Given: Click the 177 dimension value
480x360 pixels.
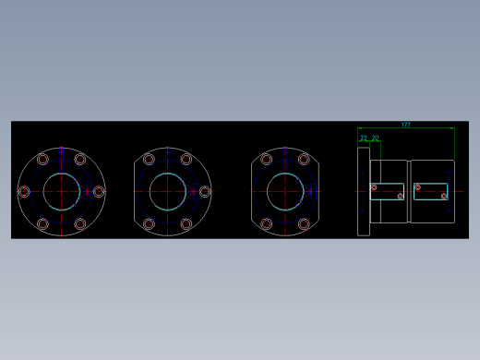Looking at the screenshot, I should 405,125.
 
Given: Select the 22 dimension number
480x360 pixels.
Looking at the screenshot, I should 364,138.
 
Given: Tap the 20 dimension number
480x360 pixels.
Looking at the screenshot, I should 375,138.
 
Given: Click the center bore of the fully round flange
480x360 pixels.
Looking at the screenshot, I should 61,191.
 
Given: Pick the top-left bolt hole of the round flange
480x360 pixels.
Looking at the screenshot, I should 42,159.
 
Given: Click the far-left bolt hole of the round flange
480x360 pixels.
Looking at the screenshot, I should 24,191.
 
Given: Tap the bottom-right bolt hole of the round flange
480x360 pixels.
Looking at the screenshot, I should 80,223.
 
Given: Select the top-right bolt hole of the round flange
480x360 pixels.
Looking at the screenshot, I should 80,159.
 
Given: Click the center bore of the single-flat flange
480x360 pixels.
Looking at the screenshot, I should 167,191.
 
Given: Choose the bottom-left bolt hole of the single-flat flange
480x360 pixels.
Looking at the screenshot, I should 149,223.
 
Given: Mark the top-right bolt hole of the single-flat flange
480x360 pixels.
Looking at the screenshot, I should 186,159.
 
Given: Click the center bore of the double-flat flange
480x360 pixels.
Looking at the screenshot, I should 285,191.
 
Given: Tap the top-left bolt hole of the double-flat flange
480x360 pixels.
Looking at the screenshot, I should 266,159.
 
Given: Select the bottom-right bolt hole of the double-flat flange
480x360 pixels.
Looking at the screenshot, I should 304,223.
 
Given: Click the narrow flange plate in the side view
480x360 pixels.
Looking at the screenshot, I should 364,191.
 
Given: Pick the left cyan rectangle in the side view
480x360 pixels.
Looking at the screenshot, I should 389,191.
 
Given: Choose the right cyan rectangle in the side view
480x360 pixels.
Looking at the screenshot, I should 431,191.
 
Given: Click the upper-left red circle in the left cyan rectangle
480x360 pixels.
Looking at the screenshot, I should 374,187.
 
